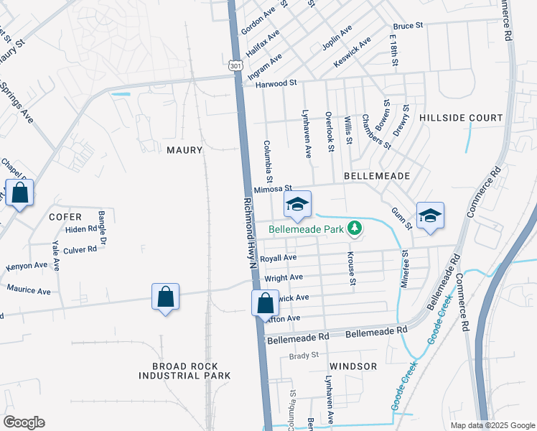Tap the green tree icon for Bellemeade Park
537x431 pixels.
(354, 228)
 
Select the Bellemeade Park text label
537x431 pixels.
(307, 230)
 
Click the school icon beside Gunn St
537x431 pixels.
(430, 215)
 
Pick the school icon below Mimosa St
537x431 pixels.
(297, 204)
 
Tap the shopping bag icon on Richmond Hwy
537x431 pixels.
(265, 302)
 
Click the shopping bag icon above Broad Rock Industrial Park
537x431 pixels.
(165, 296)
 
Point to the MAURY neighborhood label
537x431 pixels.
(185, 150)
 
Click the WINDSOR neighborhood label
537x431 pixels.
(353, 366)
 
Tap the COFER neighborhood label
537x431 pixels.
(65, 216)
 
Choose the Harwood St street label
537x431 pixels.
(276, 83)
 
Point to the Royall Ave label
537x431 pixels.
(279, 258)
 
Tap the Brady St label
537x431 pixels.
(304, 356)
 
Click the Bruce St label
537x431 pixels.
(408, 26)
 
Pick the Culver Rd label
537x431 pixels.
(80, 250)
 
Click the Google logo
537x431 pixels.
(24, 422)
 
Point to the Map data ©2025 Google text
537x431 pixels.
(492, 425)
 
